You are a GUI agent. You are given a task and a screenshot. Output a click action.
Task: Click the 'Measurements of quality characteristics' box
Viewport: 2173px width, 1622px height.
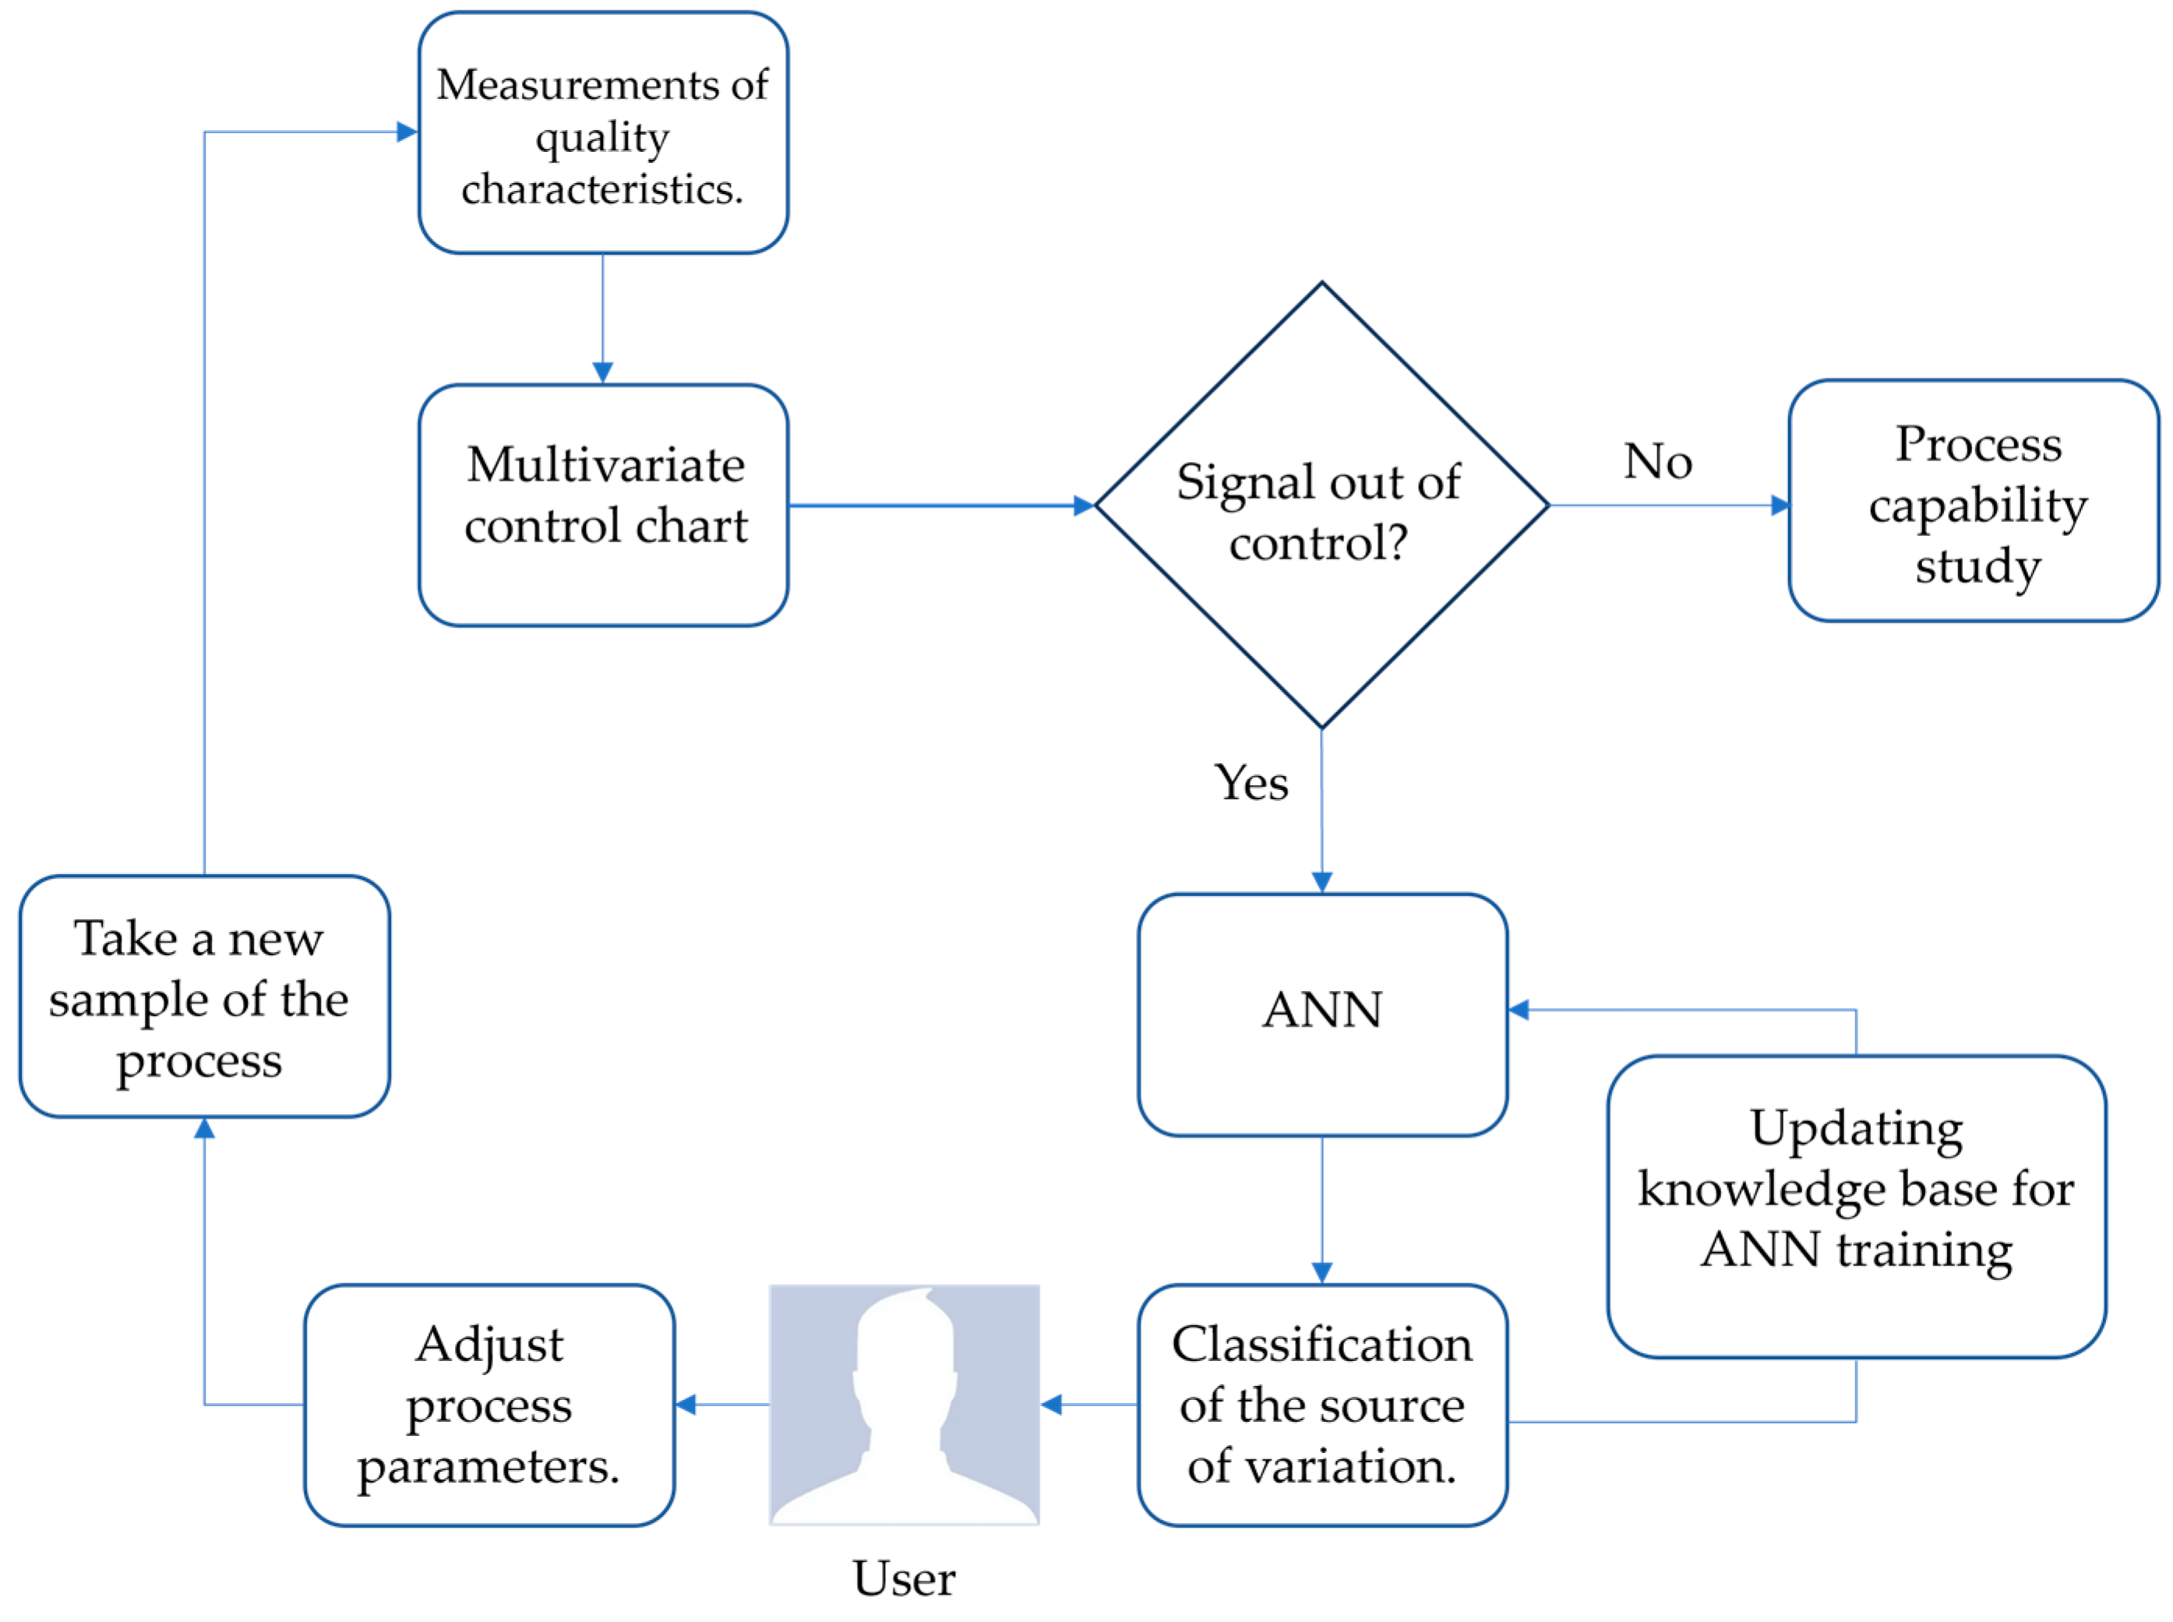point(602,132)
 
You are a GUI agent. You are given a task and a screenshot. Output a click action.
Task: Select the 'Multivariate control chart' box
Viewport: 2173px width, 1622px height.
point(602,505)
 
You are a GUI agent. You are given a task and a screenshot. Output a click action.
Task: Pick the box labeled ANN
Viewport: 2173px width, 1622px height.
point(1321,1014)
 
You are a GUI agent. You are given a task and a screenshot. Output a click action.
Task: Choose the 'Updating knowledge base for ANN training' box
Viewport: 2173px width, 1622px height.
point(1855,1207)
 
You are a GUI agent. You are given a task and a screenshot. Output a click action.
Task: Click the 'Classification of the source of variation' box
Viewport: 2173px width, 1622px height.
point(1321,1405)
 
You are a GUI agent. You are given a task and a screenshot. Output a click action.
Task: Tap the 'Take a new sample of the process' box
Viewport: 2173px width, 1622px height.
point(203,996)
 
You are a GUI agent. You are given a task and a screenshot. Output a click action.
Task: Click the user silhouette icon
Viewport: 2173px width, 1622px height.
point(903,1404)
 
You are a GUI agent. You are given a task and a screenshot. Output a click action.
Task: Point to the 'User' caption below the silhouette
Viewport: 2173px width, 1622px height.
point(903,1578)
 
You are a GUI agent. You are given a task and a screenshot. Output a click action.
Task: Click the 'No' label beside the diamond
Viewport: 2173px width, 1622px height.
point(1657,460)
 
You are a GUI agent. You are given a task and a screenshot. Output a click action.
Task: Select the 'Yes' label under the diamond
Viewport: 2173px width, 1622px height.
point(1250,782)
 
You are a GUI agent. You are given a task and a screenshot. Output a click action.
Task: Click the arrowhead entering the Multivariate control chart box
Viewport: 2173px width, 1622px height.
point(602,372)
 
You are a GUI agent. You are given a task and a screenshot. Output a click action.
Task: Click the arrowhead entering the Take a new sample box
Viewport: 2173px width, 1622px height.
point(203,1129)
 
